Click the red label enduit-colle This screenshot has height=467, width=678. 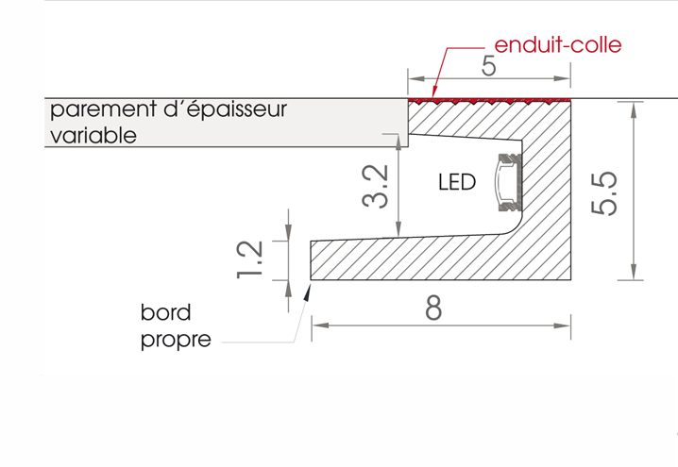click(x=557, y=44)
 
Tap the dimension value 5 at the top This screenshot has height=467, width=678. click(x=488, y=68)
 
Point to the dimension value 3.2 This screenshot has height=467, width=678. click(x=376, y=187)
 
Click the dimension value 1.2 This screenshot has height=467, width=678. click(x=249, y=259)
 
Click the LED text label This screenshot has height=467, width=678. click(x=456, y=182)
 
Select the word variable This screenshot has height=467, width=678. click(x=93, y=135)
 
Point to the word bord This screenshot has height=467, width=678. click(x=165, y=312)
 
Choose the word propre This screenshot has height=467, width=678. click(x=177, y=340)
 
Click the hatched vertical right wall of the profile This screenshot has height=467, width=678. click(x=551, y=189)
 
